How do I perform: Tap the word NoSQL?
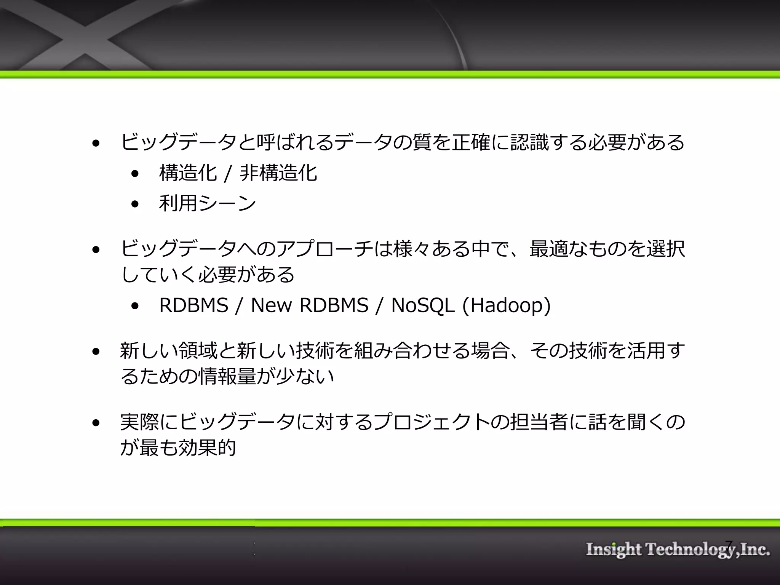click(423, 306)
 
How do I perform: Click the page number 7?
click(729, 546)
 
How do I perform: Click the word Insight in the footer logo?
click(614, 550)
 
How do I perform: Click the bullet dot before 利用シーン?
click(135, 204)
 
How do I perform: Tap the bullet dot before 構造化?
click(135, 174)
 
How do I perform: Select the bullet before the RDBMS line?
click(135, 306)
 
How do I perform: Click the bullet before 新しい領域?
click(96, 351)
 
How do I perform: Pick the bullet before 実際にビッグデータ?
click(96, 422)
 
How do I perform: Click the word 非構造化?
click(278, 173)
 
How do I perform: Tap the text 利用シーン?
click(208, 203)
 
